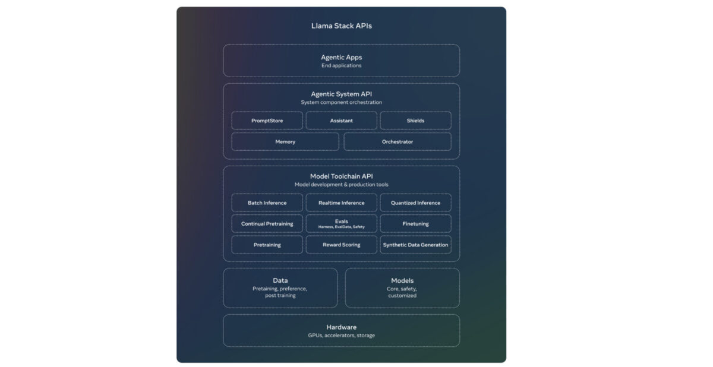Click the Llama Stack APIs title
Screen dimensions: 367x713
coord(341,26)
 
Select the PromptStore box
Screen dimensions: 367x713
coord(267,121)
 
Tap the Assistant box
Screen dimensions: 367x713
coord(341,121)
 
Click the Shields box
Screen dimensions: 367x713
coord(415,121)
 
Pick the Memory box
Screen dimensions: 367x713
coord(285,142)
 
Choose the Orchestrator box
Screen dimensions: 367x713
coord(397,142)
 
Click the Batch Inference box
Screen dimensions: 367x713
coord(267,203)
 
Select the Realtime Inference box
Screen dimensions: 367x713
coord(341,203)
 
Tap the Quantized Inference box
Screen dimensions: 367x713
coord(415,203)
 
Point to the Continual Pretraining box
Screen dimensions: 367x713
coord(267,224)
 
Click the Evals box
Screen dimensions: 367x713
coord(341,223)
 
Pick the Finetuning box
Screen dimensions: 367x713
coord(415,224)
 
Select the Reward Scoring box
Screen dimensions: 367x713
coord(341,245)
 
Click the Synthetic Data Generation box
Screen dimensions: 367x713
coord(415,245)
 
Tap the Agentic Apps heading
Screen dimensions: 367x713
coord(341,58)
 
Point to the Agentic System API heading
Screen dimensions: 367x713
coord(341,94)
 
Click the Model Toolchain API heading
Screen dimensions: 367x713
coord(341,176)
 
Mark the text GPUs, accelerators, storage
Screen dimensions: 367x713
coord(341,336)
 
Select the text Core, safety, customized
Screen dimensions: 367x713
coord(402,292)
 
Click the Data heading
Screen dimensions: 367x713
coord(280,280)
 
